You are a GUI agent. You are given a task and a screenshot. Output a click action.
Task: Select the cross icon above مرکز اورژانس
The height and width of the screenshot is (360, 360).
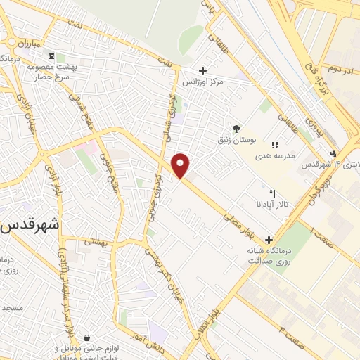click(202, 70)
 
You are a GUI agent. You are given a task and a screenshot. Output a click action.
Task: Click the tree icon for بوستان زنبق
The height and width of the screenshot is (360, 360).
click(237, 129)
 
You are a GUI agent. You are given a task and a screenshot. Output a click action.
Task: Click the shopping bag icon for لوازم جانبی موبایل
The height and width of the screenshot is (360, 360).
click(86, 337)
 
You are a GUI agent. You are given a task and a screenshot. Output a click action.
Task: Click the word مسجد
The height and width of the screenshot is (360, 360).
click(12, 308)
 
